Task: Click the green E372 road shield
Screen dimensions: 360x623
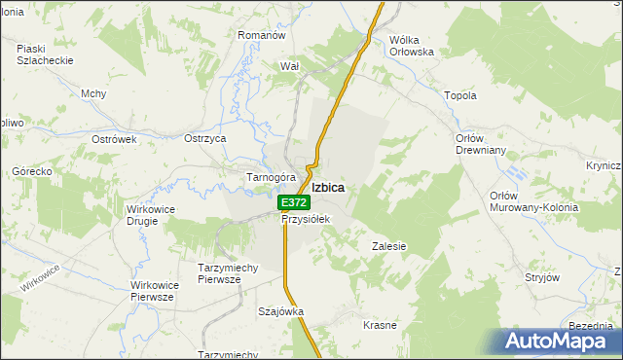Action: (x=293, y=202)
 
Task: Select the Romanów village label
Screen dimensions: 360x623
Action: (x=261, y=35)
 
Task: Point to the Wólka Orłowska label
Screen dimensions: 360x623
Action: (x=411, y=47)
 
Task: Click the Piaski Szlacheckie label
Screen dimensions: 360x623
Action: (x=45, y=54)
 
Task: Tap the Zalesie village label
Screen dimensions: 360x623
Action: (x=388, y=246)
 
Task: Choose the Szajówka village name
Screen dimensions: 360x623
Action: (x=280, y=311)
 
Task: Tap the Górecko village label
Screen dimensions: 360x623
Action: (x=31, y=171)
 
